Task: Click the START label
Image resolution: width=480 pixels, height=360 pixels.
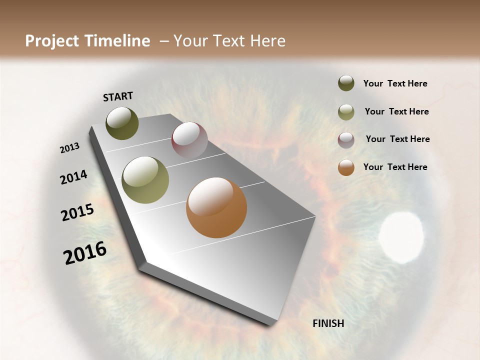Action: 118,96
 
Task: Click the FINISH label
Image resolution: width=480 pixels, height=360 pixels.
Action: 328,323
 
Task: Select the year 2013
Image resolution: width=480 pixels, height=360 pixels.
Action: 70,148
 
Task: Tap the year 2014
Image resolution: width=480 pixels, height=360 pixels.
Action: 74,177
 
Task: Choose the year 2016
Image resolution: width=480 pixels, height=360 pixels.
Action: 85,252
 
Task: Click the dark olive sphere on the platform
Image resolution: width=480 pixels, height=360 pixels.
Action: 122,123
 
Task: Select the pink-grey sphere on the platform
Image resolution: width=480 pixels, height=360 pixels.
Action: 189,140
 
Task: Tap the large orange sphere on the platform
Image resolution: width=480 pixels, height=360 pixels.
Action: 216,207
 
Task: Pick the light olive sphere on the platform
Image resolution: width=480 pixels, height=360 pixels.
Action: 145,180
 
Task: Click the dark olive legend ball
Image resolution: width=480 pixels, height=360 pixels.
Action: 346,83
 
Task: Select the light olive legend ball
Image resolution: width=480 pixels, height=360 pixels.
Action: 346,112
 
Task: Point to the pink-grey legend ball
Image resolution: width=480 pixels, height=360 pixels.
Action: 346,140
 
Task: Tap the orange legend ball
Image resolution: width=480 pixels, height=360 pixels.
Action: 346,167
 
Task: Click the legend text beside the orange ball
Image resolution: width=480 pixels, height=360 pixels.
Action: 395,167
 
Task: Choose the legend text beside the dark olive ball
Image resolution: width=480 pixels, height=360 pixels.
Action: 395,83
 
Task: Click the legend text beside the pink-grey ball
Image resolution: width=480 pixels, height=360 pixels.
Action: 397,139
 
